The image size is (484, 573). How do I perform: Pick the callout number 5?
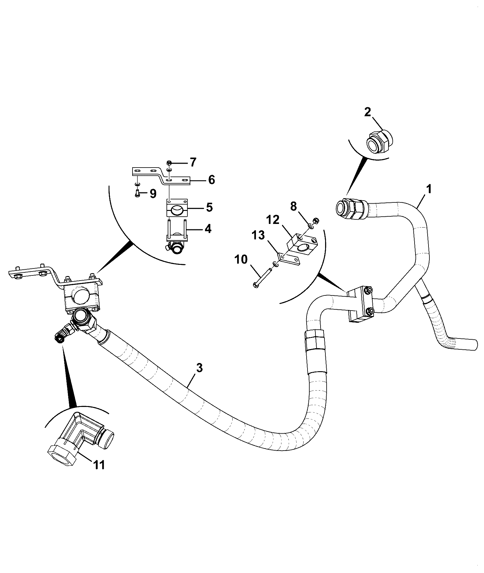coord(209,207)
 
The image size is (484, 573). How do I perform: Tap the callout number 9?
coord(153,193)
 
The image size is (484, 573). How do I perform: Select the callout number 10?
coord(241,259)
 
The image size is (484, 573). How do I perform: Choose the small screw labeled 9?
coord(137,193)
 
